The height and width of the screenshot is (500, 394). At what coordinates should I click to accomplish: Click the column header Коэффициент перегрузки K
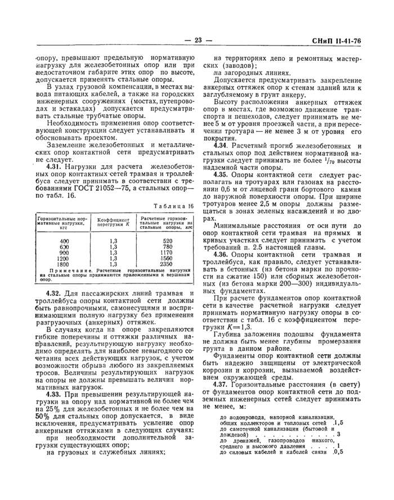tap(114, 222)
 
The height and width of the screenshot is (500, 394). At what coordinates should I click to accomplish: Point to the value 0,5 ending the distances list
tap(337, 451)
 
